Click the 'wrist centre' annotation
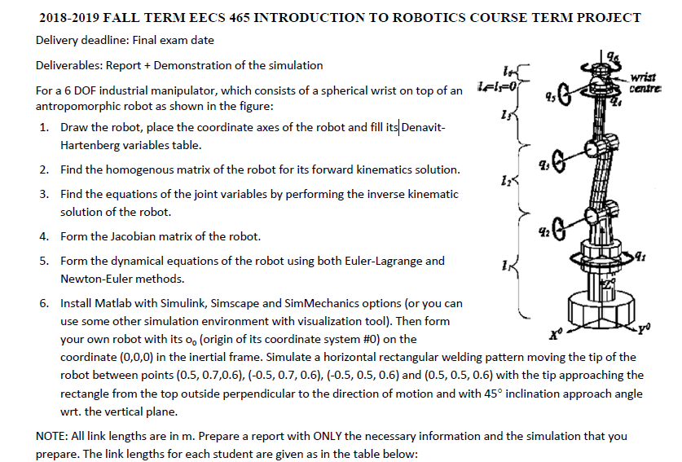[x=649, y=80]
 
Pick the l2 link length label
[x=507, y=179]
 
